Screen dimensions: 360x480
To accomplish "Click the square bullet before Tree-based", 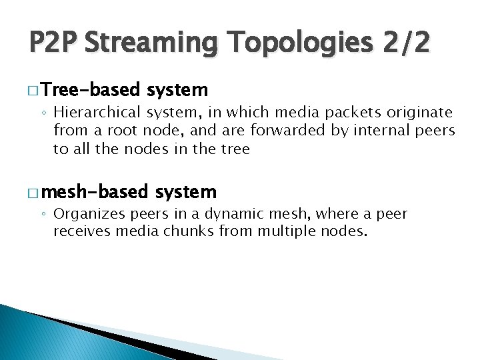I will point(33,90).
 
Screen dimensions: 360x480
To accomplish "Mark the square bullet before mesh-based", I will point(33,193).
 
